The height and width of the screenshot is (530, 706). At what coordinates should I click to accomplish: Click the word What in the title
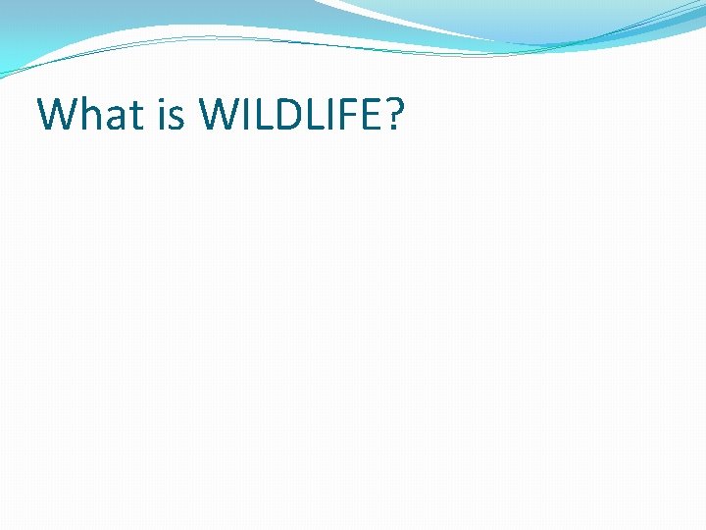pos(90,115)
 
